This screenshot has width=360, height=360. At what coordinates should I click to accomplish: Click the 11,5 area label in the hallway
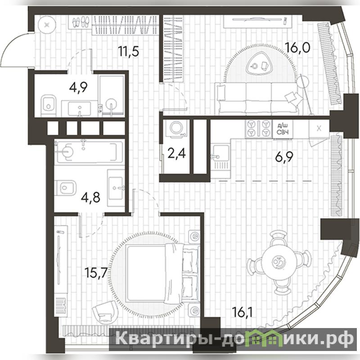[129, 51]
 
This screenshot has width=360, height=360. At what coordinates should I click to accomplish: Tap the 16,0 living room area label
[297, 48]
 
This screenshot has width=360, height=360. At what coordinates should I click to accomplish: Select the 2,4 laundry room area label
[176, 153]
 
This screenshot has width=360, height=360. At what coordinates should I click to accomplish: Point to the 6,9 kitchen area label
[284, 157]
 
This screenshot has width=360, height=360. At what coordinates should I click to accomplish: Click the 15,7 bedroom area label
[96, 273]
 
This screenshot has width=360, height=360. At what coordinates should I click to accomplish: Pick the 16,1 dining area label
[242, 312]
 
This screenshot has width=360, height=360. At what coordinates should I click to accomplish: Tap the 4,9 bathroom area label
[78, 87]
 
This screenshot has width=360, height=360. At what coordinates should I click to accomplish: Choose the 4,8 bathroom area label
[91, 197]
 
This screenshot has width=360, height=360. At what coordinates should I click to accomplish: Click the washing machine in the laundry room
[178, 129]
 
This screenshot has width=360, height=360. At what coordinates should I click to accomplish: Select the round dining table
[278, 261]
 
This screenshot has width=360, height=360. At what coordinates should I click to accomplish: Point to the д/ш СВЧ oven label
[283, 129]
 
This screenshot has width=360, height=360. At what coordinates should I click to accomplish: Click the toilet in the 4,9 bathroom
[49, 105]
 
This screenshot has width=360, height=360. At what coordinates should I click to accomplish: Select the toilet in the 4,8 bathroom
[66, 188]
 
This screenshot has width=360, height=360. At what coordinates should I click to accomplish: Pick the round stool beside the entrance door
[47, 25]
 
